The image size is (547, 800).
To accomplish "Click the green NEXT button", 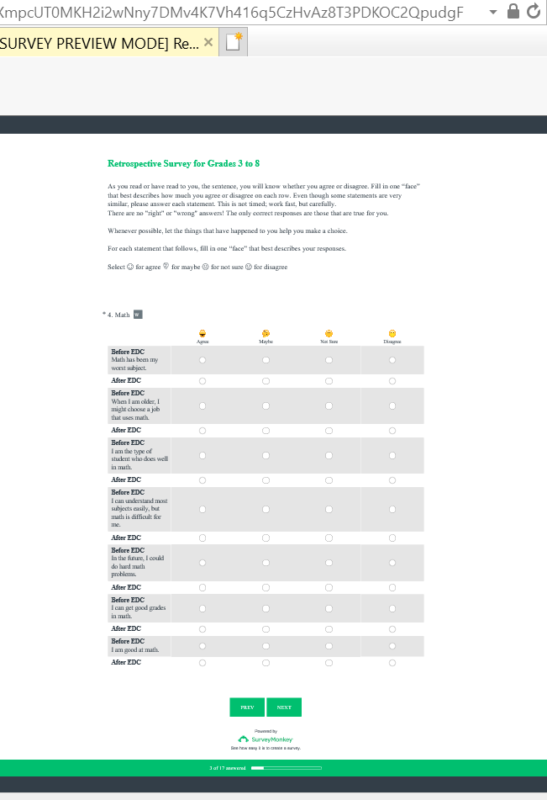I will point(284,707).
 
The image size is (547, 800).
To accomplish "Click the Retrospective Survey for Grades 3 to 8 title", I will point(183,163).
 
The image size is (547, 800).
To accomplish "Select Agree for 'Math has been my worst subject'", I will point(202,360).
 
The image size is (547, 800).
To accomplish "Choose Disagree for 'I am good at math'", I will point(392,646).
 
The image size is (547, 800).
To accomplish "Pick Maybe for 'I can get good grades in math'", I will point(266,608).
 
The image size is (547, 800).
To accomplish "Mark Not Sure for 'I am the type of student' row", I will point(329,456).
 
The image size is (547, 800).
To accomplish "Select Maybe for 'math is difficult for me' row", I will point(266,509).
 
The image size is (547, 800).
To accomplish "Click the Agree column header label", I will point(202,342).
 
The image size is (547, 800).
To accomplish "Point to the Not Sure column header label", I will point(329,342).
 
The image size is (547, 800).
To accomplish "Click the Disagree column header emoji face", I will point(392,333).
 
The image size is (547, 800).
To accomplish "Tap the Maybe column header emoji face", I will point(266,333).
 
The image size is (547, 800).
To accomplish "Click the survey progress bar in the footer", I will point(286,768).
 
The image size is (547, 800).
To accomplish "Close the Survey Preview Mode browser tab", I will point(208,42).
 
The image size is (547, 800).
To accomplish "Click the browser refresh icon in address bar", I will point(534,11).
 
